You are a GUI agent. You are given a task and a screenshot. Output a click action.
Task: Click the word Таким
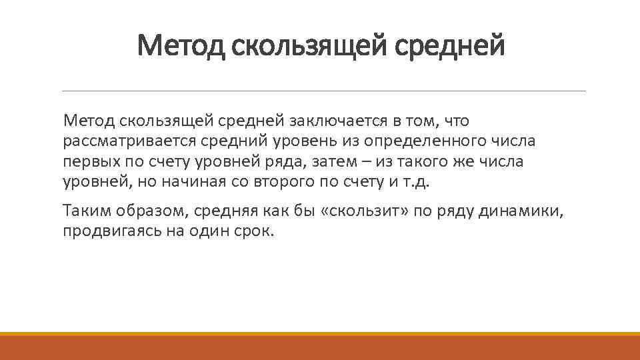coord(85,211)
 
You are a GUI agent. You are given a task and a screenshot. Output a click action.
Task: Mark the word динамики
coord(526,211)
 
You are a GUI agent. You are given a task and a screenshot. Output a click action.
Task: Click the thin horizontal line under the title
coord(323,91)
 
